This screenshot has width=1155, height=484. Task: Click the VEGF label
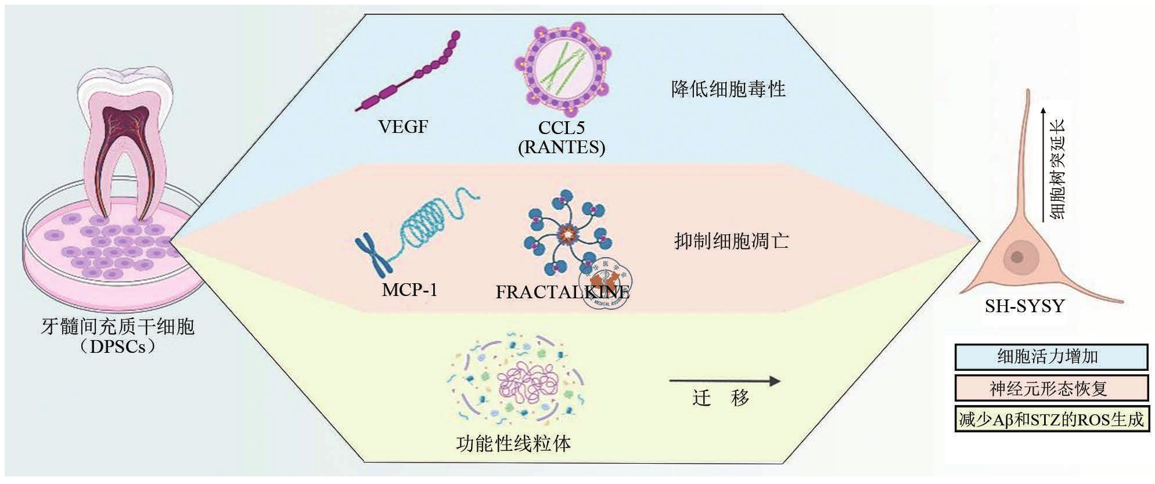[x=403, y=126]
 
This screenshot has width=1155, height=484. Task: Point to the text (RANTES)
[x=562, y=147]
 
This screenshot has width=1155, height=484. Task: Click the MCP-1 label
[x=409, y=289]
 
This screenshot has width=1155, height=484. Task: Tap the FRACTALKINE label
[x=562, y=291]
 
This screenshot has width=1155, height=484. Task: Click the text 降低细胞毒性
[x=728, y=89]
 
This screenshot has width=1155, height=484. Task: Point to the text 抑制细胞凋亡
[x=731, y=241]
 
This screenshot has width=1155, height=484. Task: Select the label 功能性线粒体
[x=513, y=444]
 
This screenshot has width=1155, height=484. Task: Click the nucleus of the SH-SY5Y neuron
[x=1017, y=256]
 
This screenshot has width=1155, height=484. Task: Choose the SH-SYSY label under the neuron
[x=1024, y=306]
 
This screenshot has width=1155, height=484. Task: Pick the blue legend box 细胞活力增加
[x=1051, y=357]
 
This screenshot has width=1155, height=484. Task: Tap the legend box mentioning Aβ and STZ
[x=1051, y=420]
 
